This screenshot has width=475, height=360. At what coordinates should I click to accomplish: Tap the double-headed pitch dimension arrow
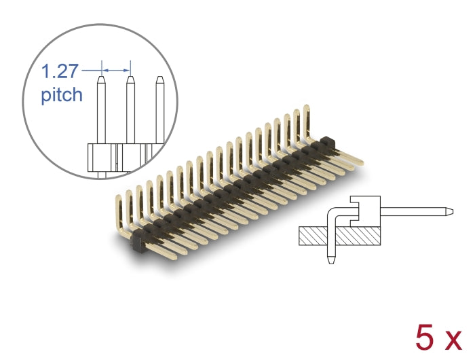tap(115, 69)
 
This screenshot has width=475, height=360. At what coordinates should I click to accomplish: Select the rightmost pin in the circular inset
tap(160, 109)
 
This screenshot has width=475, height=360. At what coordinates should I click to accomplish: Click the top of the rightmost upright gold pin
tap(307, 109)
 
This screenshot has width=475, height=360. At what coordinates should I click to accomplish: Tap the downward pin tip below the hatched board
tap(330, 261)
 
